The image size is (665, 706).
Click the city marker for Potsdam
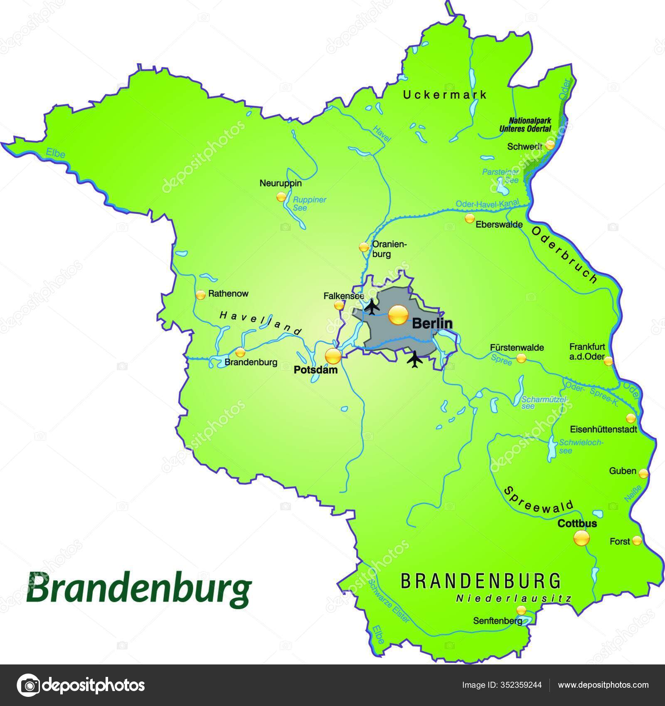coord(333,356)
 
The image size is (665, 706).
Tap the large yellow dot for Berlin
coord(398,316)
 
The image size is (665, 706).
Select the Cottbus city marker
coord(581,539)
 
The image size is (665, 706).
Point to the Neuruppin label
coord(281,183)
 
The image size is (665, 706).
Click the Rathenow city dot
coord(200,295)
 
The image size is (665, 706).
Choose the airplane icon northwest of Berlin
coord(372,307)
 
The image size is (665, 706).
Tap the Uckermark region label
coord(445,95)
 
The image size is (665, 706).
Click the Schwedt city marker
coord(549,145)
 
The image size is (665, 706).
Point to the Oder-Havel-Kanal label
coord(488,204)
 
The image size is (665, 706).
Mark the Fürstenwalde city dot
coord(521,358)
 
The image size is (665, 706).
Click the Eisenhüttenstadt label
coord(603,430)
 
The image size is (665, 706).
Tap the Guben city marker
coord(643,473)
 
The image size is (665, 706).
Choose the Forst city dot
coord(637,541)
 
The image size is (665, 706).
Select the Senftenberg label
coord(498,621)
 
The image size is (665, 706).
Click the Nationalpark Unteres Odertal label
coord(525,125)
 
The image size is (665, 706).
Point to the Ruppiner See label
coord(309,203)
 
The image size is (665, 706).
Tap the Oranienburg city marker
coord(364,247)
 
